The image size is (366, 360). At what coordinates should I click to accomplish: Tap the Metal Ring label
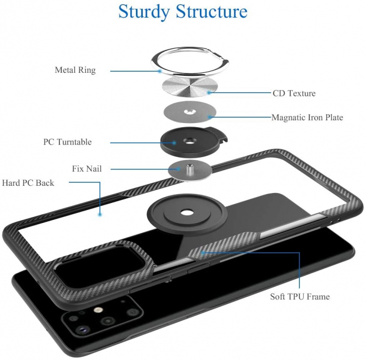pos(75,70)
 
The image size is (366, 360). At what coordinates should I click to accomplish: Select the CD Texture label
pos(294,94)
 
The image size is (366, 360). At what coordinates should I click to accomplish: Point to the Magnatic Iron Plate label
pos(307,118)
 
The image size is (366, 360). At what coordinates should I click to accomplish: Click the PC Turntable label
pos(67,142)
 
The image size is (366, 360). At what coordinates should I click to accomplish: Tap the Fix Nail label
pos(87,169)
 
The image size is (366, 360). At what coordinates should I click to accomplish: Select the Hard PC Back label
pos(28,183)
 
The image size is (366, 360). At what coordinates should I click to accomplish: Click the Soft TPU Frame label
pos(300,297)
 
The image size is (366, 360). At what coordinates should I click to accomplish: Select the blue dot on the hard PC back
pos(99,215)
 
